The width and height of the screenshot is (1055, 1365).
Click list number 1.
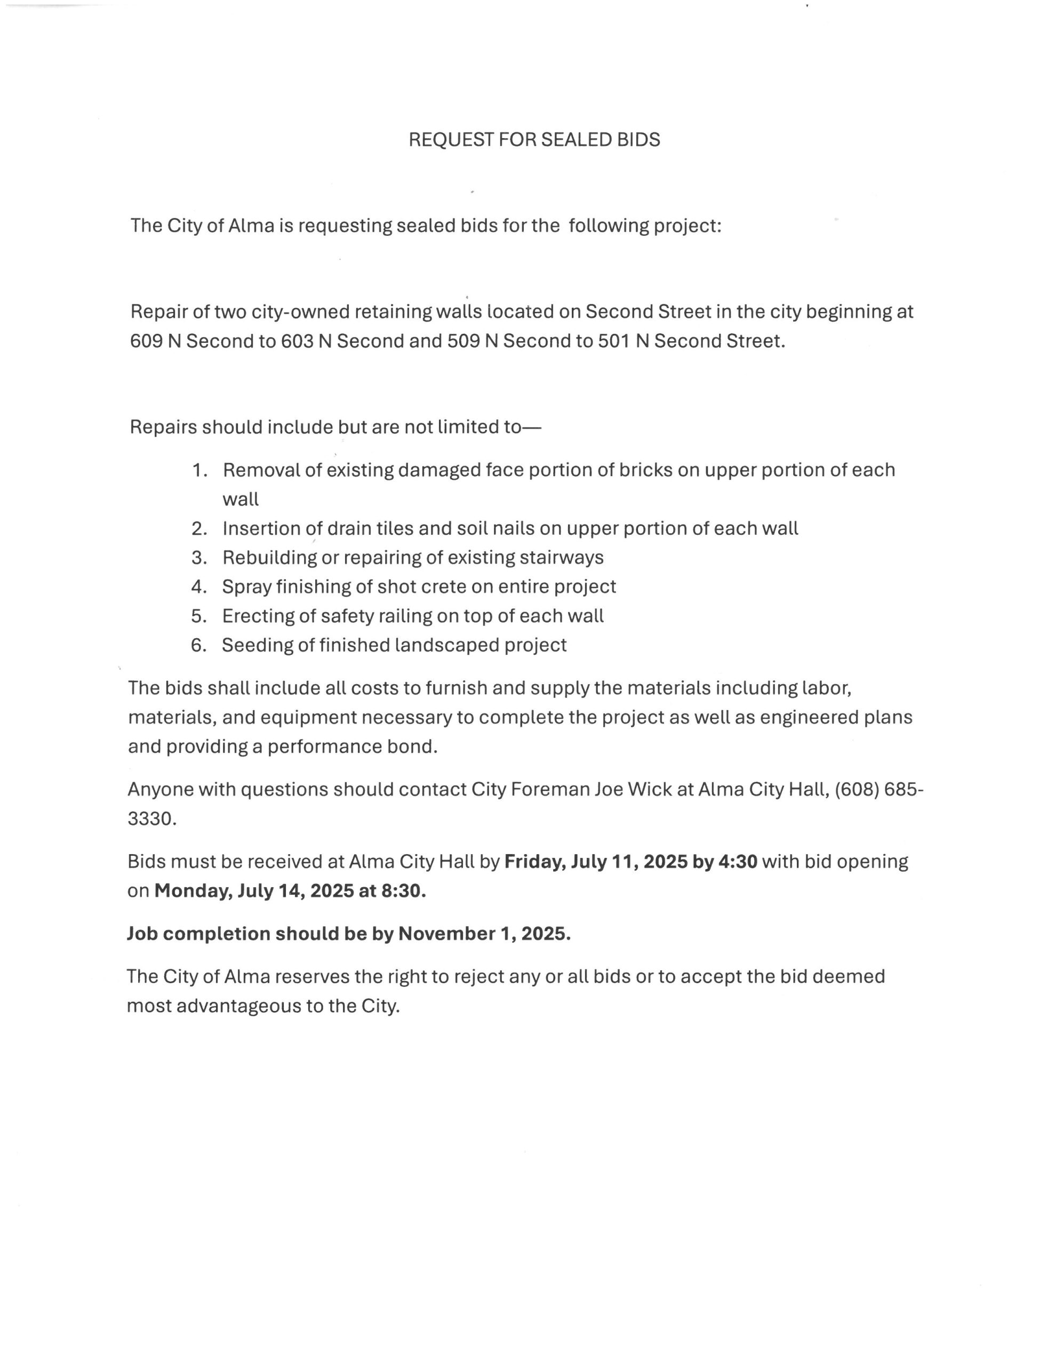[199, 469]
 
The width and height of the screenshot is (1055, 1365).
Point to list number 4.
[198, 586]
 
